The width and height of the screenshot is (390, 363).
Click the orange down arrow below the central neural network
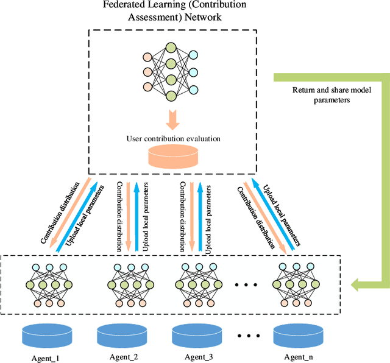174,118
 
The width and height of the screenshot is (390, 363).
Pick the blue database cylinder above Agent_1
47,334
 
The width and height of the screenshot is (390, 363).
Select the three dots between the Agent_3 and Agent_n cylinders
247,335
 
